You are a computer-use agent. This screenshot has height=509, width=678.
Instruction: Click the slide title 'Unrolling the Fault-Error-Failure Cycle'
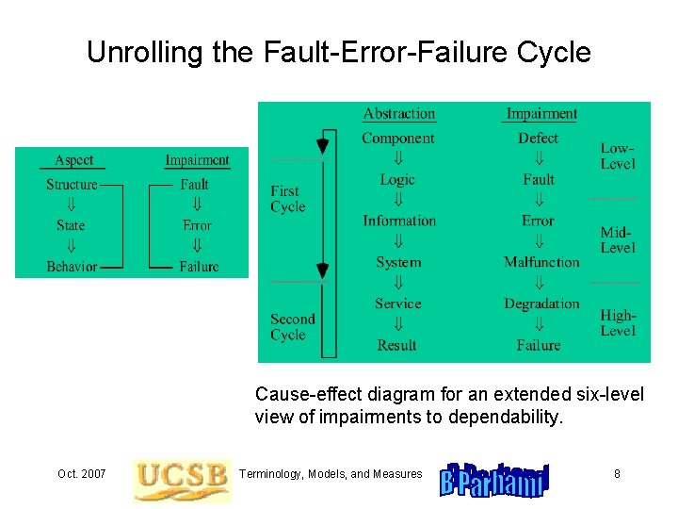click(338, 52)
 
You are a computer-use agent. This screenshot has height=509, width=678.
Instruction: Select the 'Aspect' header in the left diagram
click(73, 160)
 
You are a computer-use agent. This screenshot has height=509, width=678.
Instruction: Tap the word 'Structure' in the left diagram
click(72, 185)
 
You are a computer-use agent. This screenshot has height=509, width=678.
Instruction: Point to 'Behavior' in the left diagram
click(72, 267)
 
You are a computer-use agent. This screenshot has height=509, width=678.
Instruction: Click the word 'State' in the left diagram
click(71, 225)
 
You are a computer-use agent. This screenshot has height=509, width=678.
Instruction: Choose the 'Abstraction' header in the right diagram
click(399, 114)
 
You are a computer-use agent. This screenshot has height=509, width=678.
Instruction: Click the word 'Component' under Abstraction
click(398, 139)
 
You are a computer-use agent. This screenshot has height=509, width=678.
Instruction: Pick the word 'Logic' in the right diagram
click(397, 180)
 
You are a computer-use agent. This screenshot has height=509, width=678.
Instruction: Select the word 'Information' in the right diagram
click(399, 221)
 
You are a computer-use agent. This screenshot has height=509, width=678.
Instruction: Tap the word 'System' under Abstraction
click(398, 262)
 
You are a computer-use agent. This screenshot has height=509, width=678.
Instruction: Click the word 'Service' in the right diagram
click(397, 304)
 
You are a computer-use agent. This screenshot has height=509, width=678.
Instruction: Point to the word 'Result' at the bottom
click(396, 345)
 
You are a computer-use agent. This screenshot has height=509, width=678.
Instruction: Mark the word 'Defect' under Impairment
click(538, 139)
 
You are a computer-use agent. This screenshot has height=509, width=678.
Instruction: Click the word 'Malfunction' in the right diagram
click(541, 262)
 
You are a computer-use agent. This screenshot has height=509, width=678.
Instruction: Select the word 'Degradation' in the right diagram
click(541, 304)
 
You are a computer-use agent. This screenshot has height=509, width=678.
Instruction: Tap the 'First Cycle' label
click(287, 199)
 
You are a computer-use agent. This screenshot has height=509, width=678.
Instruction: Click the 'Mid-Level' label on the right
click(618, 239)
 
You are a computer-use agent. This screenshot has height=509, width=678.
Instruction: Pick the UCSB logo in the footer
click(182, 480)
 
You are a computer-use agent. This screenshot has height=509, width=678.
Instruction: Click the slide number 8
click(617, 473)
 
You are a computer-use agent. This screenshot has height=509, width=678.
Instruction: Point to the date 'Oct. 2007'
click(81, 473)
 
